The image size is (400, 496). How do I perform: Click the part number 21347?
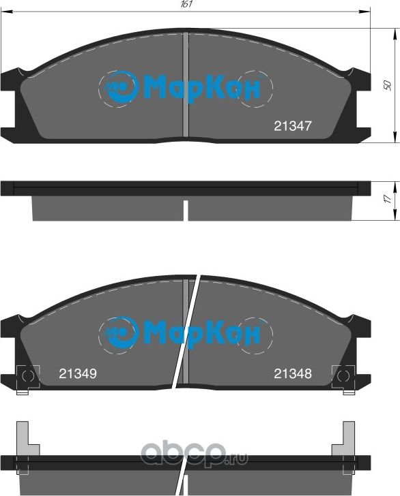[x=292, y=126]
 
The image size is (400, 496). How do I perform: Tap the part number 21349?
[x=77, y=373]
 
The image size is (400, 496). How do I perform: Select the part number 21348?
[x=293, y=373]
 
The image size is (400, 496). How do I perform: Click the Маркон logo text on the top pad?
[x=193, y=89]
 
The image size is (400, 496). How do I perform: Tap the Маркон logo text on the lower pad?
[x=193, y=334]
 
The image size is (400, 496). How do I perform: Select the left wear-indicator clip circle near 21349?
[x=27, y=375]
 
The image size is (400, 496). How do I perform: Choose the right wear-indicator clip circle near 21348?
[x=343, y=375]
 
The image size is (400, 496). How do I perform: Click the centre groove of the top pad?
[x=186, y=85]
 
